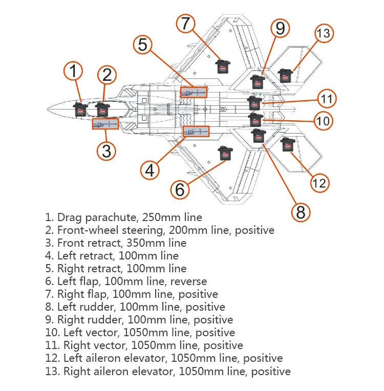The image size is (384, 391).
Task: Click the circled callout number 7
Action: pyautogui.click(x=185, y=24)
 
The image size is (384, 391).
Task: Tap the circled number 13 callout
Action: pyautogui.click(x=324, y=33)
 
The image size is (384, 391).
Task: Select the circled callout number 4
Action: pyautogui.click(x=150, y=170)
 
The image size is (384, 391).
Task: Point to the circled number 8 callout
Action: pyautogui.click(x=301, y=212)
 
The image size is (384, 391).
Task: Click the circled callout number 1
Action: pyautogui.click(x=73, y=71)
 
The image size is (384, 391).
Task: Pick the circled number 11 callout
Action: pyautogui.click(x=327, y=98)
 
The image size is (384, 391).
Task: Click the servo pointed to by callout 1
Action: pyautogui.click(x=80, y=109)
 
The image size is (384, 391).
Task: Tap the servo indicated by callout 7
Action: pyautogui.click(x=223, y=67)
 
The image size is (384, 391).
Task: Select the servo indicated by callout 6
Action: pyautogui.click(x=225, y=153)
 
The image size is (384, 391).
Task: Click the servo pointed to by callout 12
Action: pyautogui.click(x=288, y=145)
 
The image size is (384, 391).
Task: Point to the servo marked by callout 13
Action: pyautogui.click(x=286, y=76)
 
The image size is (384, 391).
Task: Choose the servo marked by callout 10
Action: pyautogui.click(x=256, y=120)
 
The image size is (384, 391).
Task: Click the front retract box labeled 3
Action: pyautogui.click(x=105, y=124)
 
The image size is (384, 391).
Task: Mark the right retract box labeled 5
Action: pyautogui.click(x=194, y=93)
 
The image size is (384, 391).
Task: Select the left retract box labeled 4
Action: pyautogui.click(x=196, y=132)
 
